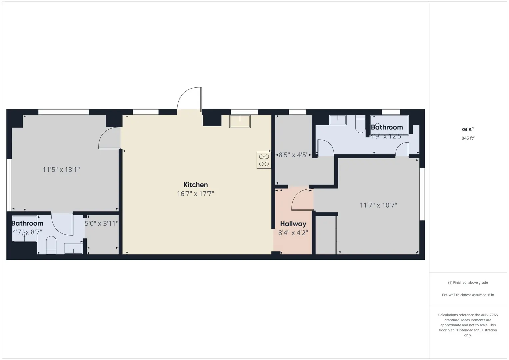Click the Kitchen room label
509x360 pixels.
tap(195, 185)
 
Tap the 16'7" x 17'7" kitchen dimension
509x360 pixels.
tap(195, 194)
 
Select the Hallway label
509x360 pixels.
tap(293, 224)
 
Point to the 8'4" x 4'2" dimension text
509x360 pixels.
tap(293, 233)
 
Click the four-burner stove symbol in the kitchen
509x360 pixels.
tap(264, 160)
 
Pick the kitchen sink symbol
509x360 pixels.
tap(240, 121)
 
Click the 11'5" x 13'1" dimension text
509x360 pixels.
tap(61, 170)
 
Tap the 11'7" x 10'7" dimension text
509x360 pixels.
tap(378, 205)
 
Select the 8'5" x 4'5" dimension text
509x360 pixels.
tap(293, 155)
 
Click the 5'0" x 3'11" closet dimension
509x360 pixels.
tap(101, 223)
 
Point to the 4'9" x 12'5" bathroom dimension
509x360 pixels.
tap(387, 136)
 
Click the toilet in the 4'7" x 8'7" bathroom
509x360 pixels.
tap(51, 245)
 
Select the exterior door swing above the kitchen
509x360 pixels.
tap(189, 99)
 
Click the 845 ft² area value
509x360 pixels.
tap(468, 138)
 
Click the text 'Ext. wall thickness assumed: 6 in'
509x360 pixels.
tap(468, 295)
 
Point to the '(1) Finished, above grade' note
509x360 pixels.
tap(468, 283)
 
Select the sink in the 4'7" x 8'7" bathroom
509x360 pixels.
tap(73, 249)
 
